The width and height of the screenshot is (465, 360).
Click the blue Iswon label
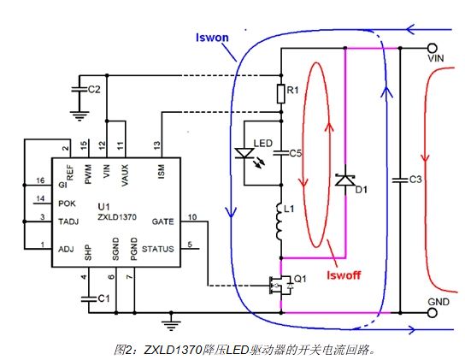[x=212, y=38]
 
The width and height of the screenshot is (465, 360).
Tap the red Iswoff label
[x=344, y=275]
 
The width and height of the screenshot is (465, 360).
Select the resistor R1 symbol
[x=281, y=94]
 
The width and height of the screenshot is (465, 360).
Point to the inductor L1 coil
[x=280, y=221]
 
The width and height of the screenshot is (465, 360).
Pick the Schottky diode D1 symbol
[x=345, y=180]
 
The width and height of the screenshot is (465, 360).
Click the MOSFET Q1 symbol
[x=280, y=286]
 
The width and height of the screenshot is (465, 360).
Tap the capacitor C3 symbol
[x=400, y=180]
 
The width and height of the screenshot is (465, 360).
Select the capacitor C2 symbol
[x=79, y=89]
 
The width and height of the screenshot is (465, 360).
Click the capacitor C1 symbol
[x=89, y=298]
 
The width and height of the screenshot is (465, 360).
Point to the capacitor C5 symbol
[x=281, y=153]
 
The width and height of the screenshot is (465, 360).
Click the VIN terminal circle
[x=433, y=48]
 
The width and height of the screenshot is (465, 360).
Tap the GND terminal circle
[x=433, y=313]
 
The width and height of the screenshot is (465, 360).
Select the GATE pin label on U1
[x=162, y=221]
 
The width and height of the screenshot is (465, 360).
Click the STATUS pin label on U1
[x=158, y=249]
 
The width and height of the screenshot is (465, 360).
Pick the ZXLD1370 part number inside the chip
[x=117, y=217]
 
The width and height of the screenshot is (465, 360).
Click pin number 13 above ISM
[x=157, y=145]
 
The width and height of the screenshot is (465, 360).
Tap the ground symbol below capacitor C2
[x=79, y=116]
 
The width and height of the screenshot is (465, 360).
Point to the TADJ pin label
[x=68, y=221]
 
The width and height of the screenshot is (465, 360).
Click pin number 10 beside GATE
[x=192, y=217]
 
